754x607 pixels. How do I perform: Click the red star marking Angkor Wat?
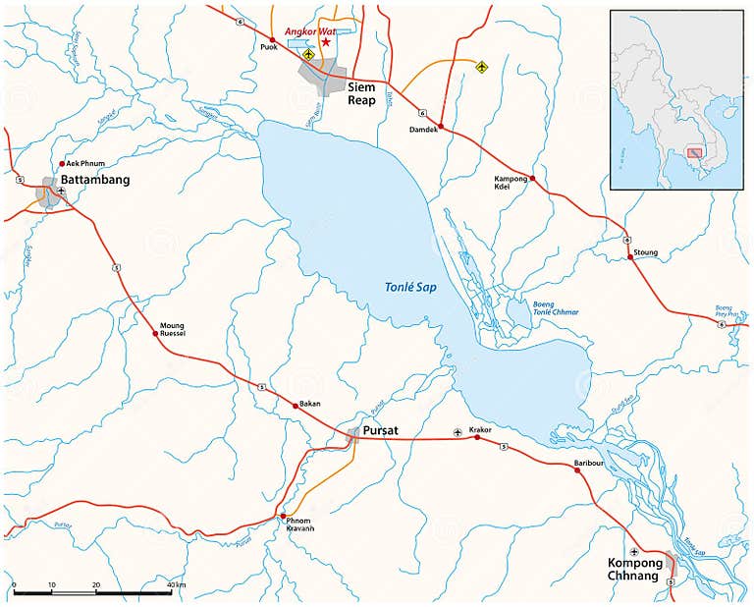point(326,42)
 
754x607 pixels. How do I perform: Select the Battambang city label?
point(96,181)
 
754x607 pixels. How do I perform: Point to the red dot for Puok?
point(272,39)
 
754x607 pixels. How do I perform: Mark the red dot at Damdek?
point(441,127)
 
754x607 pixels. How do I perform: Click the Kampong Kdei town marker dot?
point(533,179)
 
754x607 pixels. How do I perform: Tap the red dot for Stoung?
point(630,257)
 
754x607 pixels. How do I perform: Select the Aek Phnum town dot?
point(62,164)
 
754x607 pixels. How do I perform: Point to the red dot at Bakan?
point(296,405)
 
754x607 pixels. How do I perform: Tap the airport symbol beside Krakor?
point(457,432)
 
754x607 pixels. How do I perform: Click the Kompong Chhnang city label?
point(634,570)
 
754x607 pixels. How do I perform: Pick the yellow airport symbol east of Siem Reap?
point(481,67)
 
